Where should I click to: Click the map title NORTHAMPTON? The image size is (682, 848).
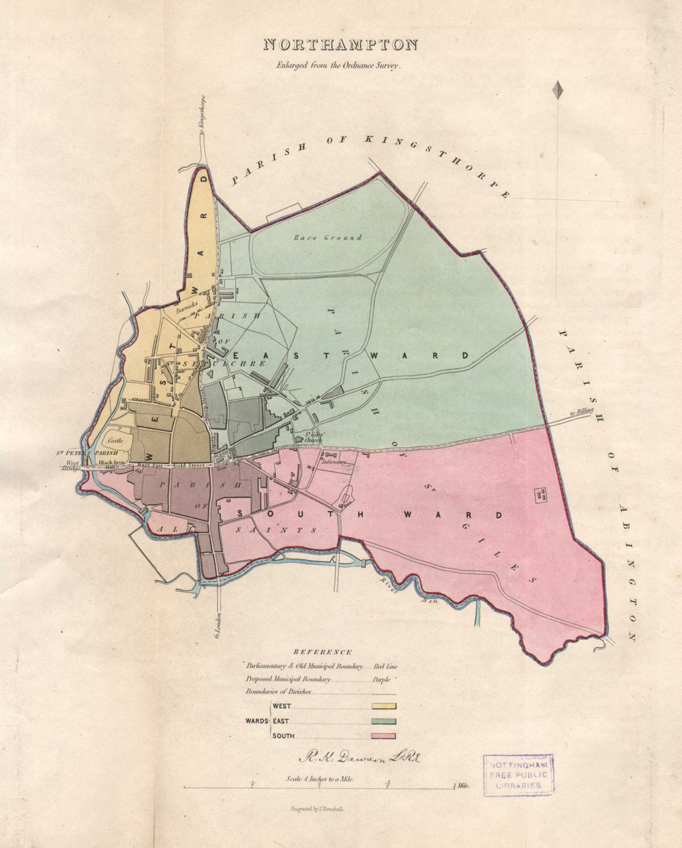[340, 45]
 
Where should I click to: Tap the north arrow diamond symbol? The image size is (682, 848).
[558, 90]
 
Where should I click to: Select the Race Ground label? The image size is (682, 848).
[328, 238]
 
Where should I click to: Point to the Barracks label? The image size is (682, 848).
[186, 309]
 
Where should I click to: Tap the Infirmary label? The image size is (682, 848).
[335, 462]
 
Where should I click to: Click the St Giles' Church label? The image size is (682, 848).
[313, 437]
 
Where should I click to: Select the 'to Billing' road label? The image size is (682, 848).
[581, 412]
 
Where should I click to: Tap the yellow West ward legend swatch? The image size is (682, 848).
[384, 707]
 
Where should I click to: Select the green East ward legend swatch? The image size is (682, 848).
[384, 721]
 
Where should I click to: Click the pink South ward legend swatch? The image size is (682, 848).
[384, 735]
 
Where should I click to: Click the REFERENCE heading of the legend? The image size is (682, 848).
[322, 652]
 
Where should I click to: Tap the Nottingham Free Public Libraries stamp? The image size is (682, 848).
[518, 775]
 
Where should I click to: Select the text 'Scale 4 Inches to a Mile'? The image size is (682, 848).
[321, 778]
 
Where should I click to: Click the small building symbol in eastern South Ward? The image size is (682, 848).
[542, 495]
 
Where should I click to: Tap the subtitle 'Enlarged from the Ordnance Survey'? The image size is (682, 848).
[340, 66]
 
